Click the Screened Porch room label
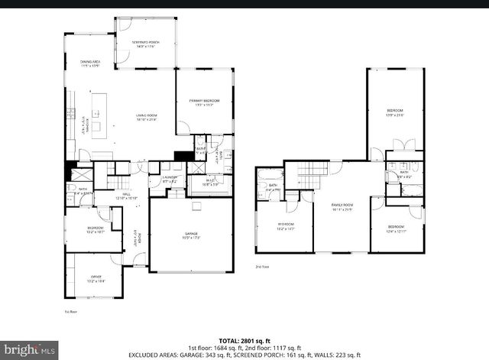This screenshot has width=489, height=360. (x=145, y=45)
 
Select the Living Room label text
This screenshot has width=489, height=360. (x=146, y=117)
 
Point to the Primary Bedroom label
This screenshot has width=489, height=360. (x=204, y=103)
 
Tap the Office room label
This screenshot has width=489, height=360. (x=96, y=279)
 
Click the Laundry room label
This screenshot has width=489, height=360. (x=169, y=179)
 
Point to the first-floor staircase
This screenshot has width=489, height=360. (x=118, y=183)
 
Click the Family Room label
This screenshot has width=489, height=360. (x=342, y=206)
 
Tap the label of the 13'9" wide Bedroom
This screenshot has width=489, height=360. (x=394, y=114)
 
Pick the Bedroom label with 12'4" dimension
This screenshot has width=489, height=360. (x=396, y=229)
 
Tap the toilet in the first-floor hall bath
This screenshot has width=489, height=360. (x=71, y=186)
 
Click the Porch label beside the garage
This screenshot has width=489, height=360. (x=139, y=238)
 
